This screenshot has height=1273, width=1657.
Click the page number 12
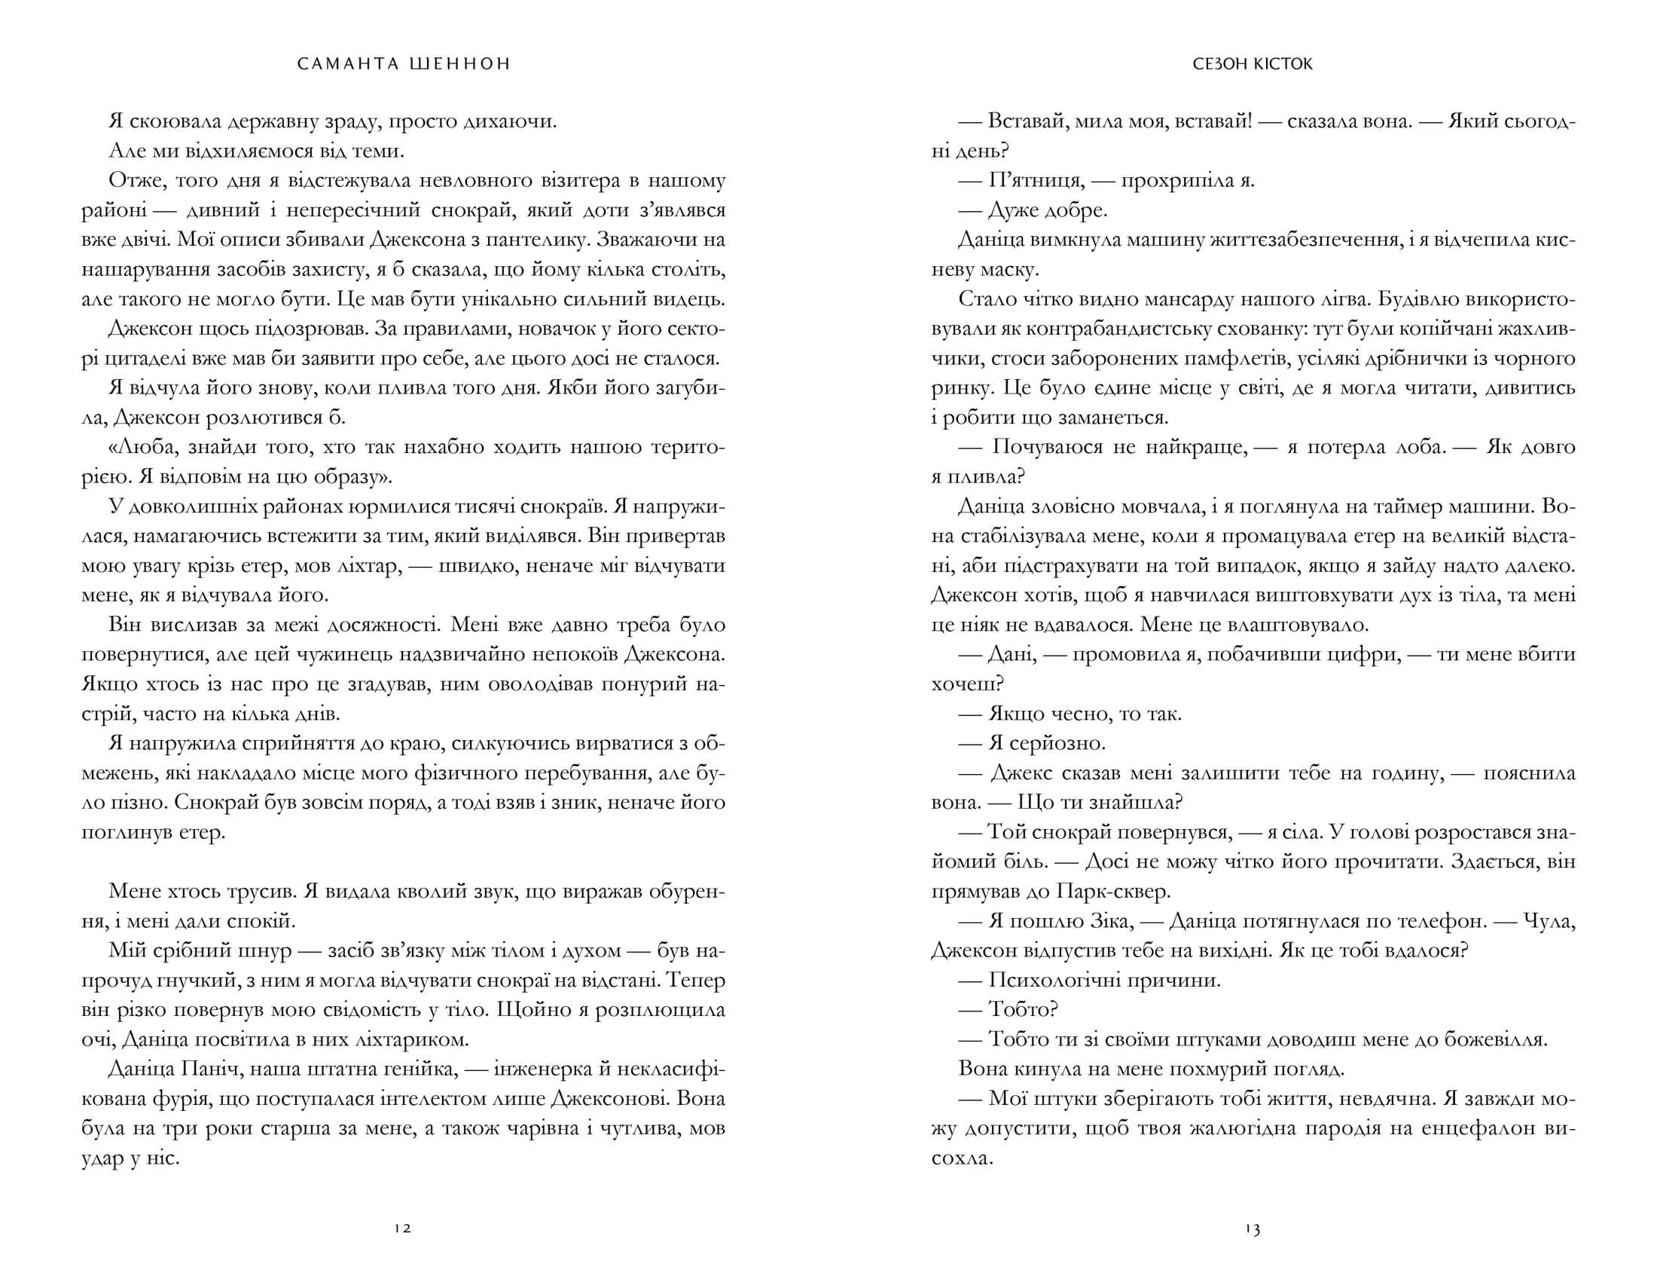[x=402, y=1229]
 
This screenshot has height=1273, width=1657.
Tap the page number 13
[x=1252, y=1229]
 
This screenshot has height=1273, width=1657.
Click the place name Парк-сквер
[x=1111, y=892]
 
